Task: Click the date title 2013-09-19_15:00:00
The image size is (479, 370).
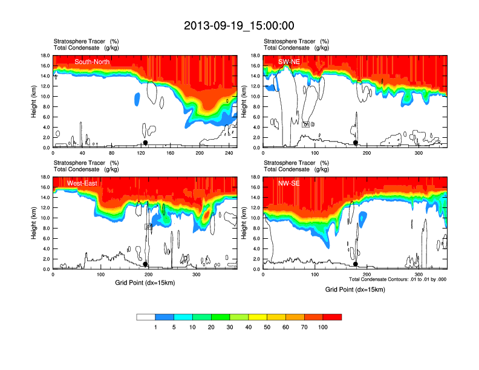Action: pos(239,25)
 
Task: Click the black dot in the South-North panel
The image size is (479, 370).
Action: pos(145,143)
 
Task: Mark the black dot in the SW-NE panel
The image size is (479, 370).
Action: pos(356,143)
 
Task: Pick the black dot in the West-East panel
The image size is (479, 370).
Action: pos(145,264)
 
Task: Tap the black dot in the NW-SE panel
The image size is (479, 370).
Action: pos(356,264)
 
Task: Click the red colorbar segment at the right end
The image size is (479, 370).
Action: pos(332,317)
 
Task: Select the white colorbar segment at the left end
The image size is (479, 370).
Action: pos(146,317)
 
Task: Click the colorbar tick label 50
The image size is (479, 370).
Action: pos(267,327)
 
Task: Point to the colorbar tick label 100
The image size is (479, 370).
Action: pos(323,327)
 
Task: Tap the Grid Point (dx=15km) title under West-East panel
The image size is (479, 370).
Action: pos(145,282)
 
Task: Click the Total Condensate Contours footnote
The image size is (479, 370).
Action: pos(397,279)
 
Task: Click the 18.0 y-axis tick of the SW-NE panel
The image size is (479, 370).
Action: pos(256,56)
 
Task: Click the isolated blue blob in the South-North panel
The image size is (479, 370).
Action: pos(137,98)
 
